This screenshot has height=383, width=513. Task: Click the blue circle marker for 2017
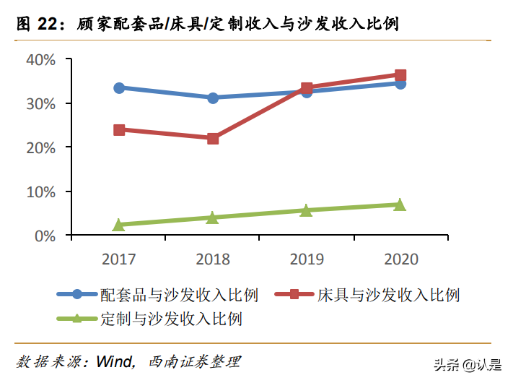point(119,87)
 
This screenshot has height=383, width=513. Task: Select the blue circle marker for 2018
point(213,98)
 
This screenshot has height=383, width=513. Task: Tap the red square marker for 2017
point(119,130)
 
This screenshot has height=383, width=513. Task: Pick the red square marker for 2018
point(213,138)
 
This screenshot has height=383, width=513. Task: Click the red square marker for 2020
point(400,75)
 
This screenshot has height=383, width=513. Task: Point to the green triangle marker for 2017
point(119,225)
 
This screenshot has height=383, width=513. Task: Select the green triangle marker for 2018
point(213,217)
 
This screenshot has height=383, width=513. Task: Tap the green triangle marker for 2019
point(307,210)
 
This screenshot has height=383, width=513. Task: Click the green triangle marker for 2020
point(400,205)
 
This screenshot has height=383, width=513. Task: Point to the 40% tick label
point(40,59)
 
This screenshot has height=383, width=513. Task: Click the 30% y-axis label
point(40,103)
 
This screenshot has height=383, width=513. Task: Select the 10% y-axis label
point(40,191)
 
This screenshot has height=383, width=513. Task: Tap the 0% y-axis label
point(44,236)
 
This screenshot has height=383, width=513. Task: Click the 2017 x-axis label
point(119,259)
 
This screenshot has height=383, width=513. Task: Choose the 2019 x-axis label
point(307,259)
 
